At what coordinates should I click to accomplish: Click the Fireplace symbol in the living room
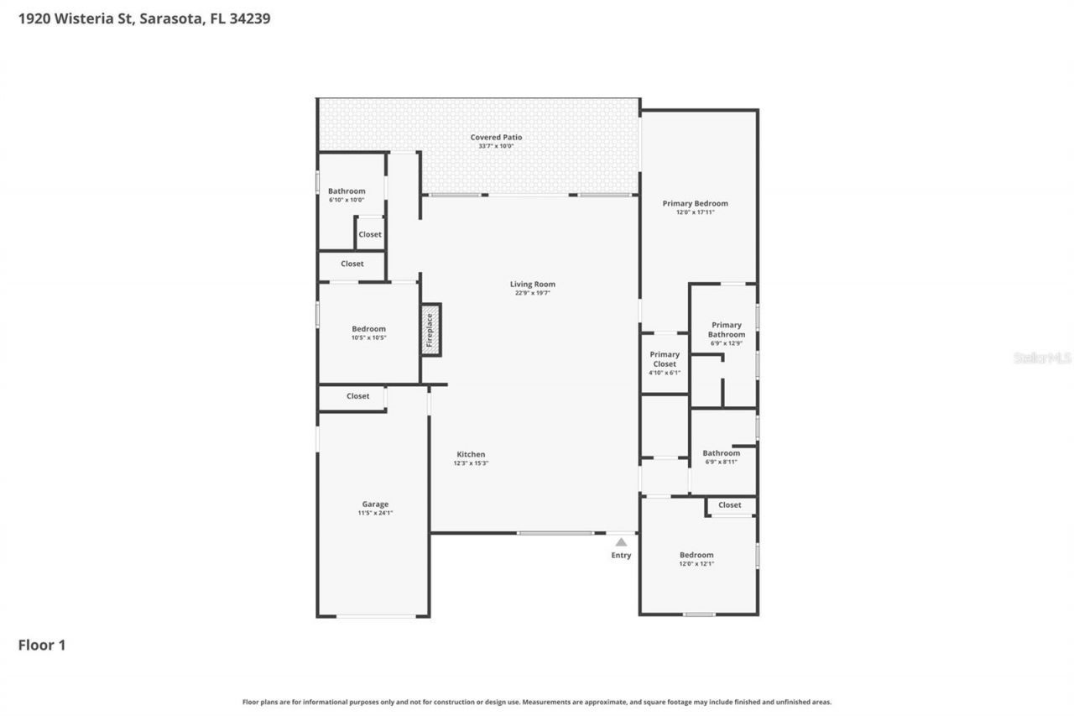click(x=430, y=330)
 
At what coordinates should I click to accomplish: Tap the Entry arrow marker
click(x=621, y=542)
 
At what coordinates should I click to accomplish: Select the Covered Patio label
click(x=496, y=137)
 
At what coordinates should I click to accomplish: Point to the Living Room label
click(x=533, y=284)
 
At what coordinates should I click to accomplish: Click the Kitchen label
click(x=471, y=454)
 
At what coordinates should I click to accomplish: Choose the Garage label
click(x=375, y=504)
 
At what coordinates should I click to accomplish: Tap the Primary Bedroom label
click(x=695, y=203)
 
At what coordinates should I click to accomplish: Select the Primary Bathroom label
click(x=726, y=329)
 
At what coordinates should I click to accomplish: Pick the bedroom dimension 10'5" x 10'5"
click(x=368, y=337)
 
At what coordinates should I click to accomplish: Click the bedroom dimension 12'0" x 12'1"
click(x=696, y=564)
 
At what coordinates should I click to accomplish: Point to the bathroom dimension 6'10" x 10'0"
click(x=347, y=200)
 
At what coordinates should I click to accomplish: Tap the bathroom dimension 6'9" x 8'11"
click(x=721, y=462)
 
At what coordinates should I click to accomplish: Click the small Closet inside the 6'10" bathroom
click(x=370, y=234)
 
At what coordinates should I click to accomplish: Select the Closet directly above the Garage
click(x=357, y=396)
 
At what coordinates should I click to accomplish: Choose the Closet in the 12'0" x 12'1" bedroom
click(x=729, y=504)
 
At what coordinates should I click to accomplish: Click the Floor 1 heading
click(x=42, y=645)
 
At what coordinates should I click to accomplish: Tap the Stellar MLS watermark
click(x=1042, y=358)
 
